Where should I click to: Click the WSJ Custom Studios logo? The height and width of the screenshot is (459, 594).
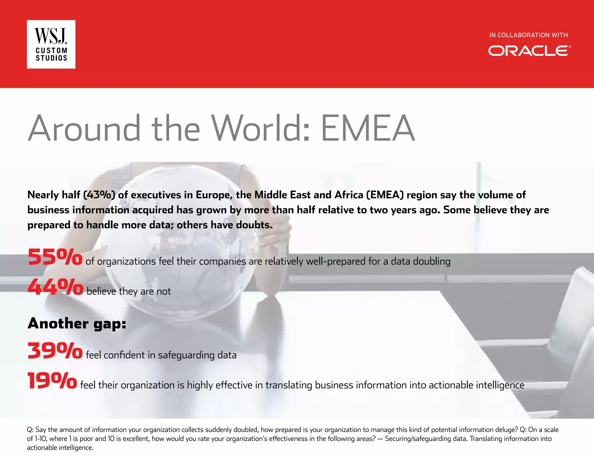point(51,44)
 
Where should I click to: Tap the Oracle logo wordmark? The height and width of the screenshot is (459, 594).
point(529,51)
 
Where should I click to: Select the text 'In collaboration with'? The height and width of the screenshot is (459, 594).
point(528,35)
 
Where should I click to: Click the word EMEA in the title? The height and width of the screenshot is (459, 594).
point(368,128)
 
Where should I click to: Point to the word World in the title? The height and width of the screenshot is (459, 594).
point(260,128)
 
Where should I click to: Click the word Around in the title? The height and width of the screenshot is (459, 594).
point(84,128)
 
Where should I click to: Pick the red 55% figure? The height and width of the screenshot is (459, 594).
point(55,257)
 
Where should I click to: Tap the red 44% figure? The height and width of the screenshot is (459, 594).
point(55,287)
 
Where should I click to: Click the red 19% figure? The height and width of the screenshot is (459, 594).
point(52,381)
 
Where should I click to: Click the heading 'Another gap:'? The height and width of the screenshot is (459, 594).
point(77,324)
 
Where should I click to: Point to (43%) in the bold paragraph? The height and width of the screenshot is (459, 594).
point(99,195)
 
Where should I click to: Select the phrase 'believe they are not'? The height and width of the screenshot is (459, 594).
point(129,291)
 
